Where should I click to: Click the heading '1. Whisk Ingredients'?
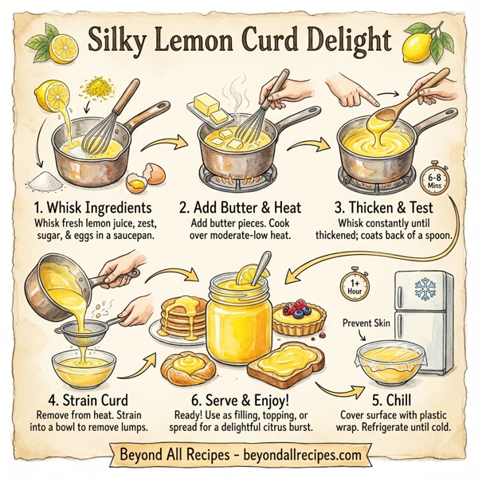[x=89, y=208]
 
